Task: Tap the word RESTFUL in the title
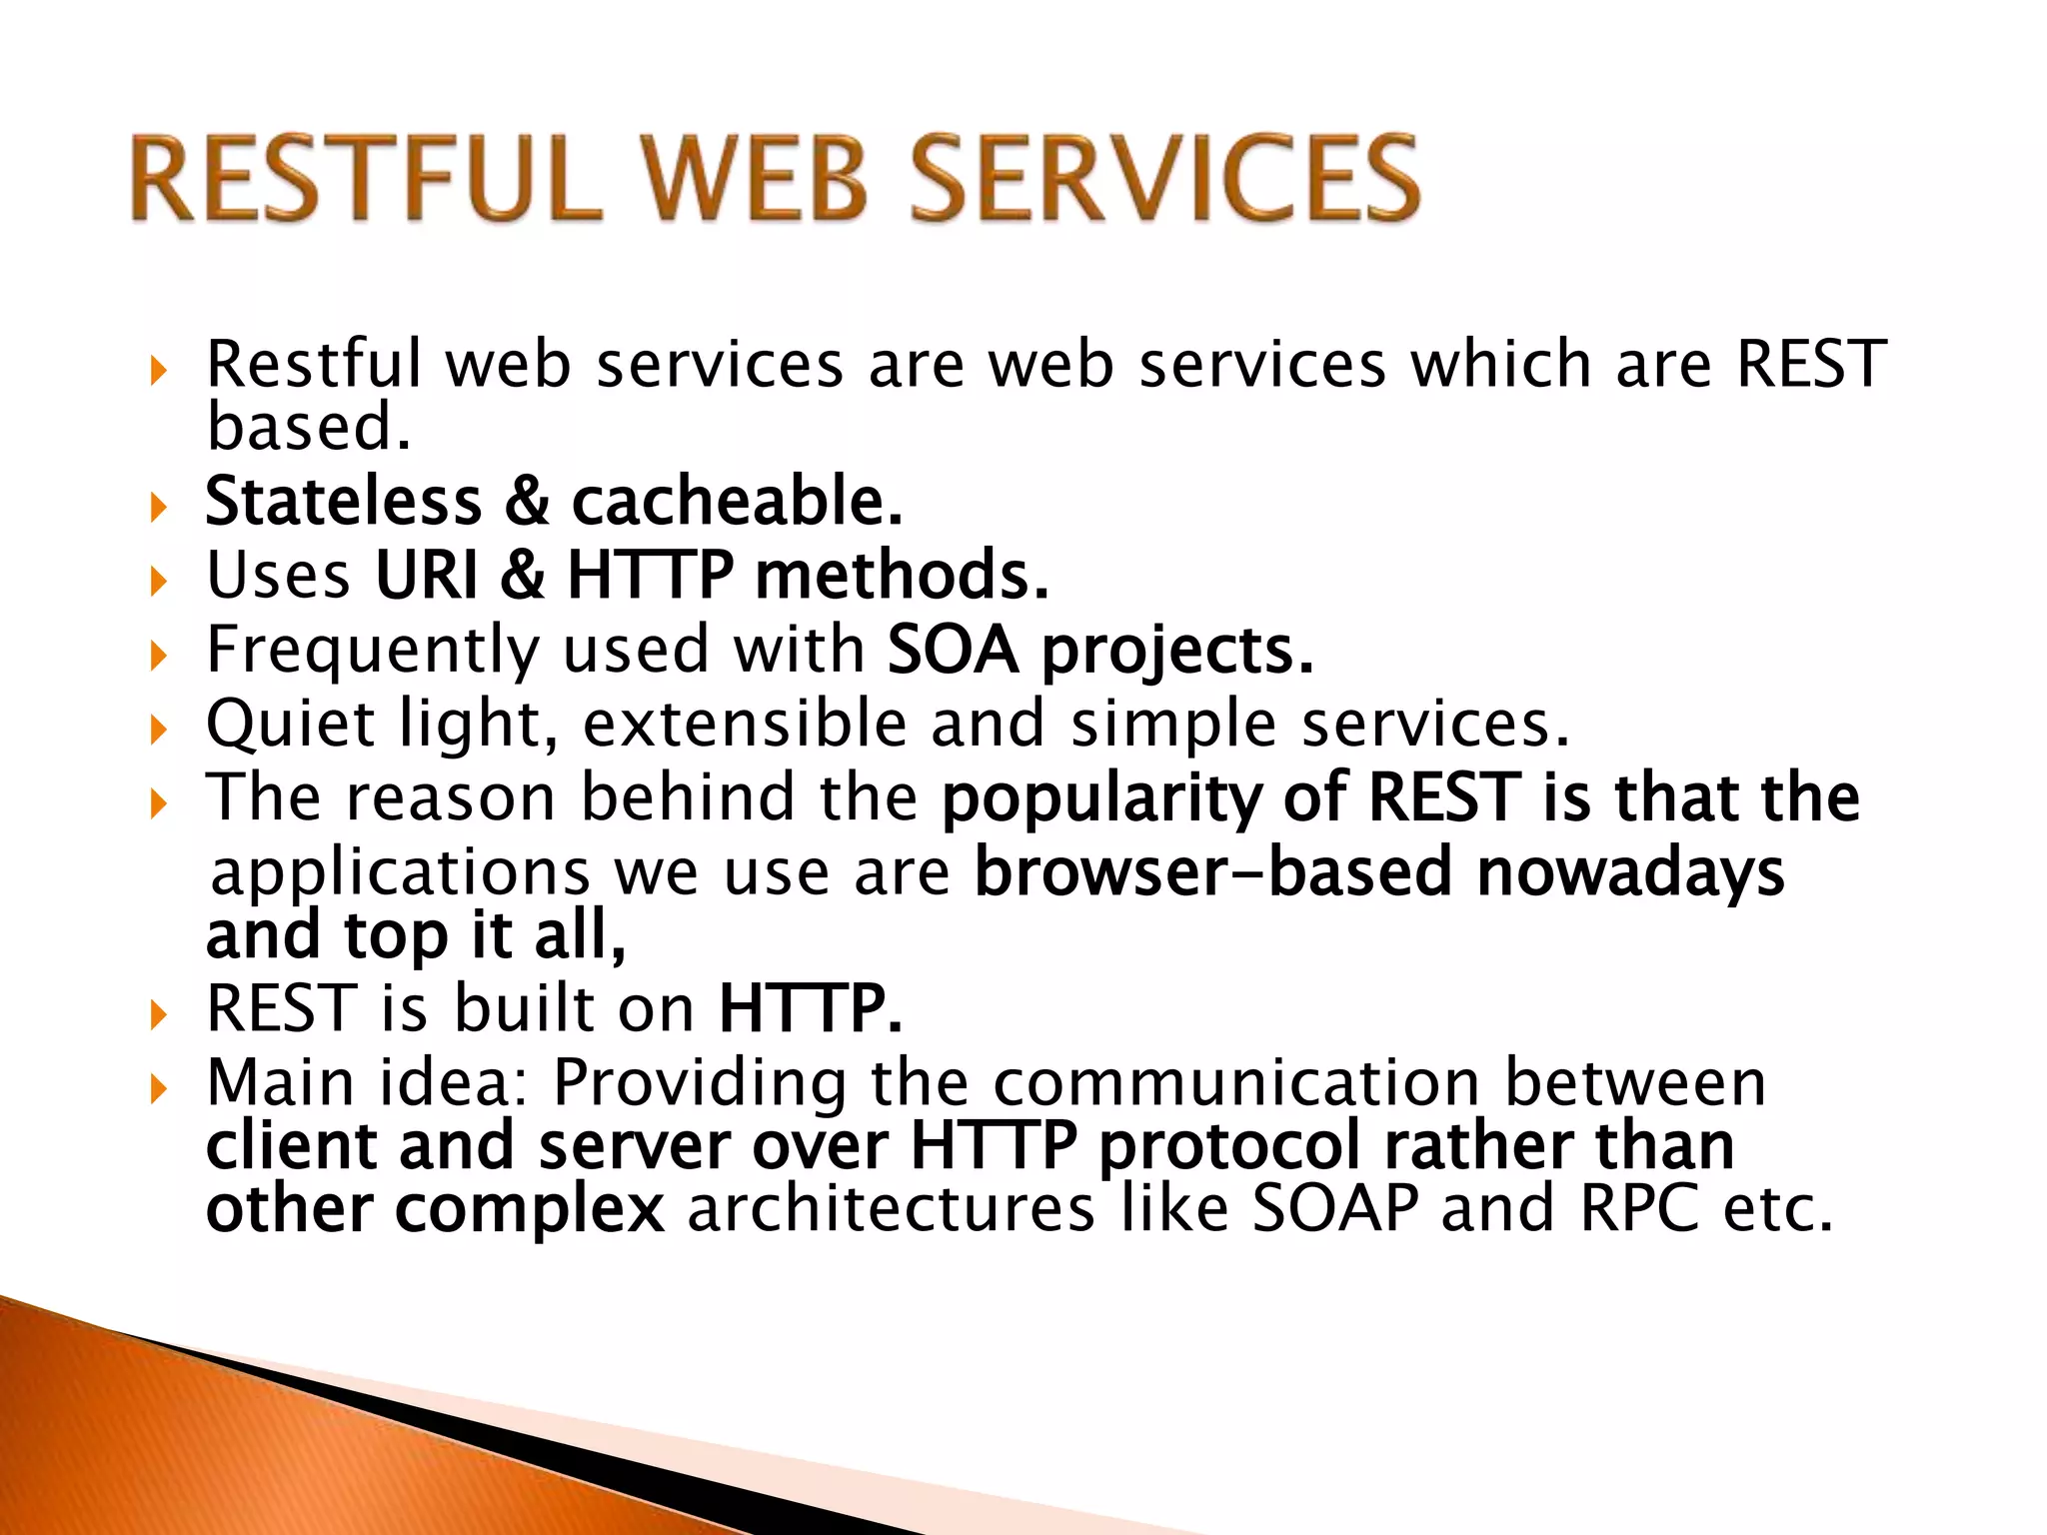(x=366, y=180)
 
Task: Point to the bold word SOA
(x=953, y=650)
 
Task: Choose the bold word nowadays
(x=1630, y=873)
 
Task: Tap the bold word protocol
(x=1230, y=1146)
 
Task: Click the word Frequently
(x=372, y=652)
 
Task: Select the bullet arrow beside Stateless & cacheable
(x=158, y=506)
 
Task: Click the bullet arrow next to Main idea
(x=158, y=1088)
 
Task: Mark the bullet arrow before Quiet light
(x=158, y=730)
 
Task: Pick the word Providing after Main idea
(x=700, y=1084)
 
